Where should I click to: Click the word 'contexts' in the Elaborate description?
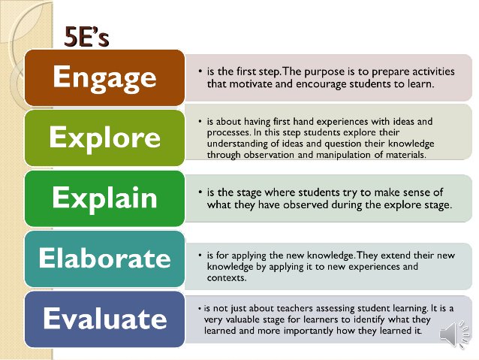pyautogui.click(x=227, y=277)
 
